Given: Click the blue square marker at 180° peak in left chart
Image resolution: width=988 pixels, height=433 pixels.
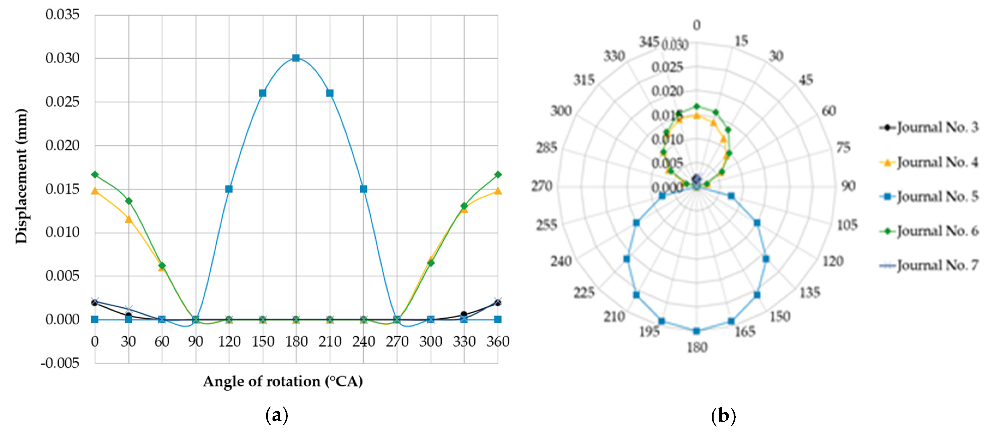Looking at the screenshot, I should point(296,58).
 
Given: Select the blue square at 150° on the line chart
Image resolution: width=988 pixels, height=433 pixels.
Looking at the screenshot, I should point(263,93).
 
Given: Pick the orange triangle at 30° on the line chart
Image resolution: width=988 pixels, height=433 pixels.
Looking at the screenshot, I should point(128,219).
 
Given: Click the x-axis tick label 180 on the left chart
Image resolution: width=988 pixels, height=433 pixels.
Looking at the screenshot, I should point(296,341).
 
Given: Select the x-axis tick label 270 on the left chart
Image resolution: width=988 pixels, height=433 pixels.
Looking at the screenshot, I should point(397,341).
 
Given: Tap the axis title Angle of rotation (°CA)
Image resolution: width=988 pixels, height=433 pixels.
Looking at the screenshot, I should point(283,381).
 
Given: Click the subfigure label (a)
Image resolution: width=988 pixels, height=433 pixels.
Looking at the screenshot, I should point(277,415).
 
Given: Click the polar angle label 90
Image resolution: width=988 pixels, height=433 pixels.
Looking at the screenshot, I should point(848,186).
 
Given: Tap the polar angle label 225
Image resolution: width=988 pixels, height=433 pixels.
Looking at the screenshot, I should point(584,293).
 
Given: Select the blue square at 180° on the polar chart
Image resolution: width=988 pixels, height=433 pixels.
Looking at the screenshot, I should point(696,331).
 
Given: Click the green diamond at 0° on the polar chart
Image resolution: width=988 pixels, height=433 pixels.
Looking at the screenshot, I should point(696,107).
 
